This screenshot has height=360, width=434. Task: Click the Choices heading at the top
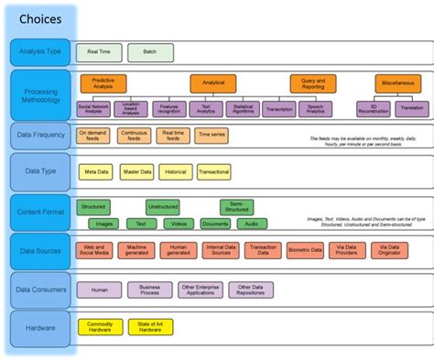[x=41, y=17]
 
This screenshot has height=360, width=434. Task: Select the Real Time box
[x=93, y=52]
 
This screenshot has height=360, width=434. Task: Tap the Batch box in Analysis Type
[x=150, y=52]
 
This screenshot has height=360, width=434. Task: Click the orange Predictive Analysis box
[x=103, y=83]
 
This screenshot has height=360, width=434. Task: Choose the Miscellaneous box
[x=397, y=83]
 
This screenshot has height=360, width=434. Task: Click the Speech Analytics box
[x=315, y=108]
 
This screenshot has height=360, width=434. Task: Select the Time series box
[x=211, y=136]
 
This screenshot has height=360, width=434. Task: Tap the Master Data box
[x=136, y=171]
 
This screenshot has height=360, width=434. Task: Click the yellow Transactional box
[x=213, y=171]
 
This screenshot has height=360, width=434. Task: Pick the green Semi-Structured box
[x=236, y=207]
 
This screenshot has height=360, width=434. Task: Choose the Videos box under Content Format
[x=178, y=223]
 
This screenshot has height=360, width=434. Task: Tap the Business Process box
[x=149, y=289]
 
